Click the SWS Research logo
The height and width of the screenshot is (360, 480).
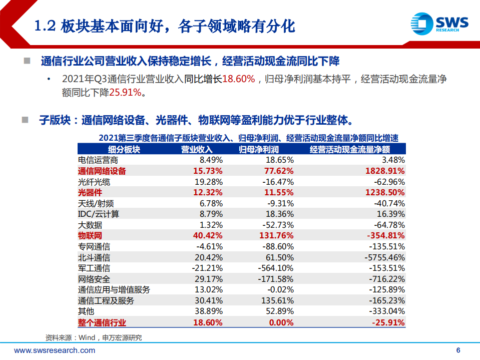coord(438,23)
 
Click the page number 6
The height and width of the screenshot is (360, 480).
coord(458,350)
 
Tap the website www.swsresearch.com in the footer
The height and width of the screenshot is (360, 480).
coord(55,350)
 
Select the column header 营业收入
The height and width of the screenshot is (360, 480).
coord(197,149)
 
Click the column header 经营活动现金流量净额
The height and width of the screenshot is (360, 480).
coord(349,149)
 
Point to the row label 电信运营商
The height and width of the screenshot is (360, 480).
coord(98,160)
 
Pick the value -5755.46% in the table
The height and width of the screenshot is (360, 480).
coord(383,257)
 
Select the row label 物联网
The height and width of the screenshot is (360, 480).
coord(90,236)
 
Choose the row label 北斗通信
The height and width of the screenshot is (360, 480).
coord(94,257)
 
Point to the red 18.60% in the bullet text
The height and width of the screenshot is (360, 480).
coord(239,79)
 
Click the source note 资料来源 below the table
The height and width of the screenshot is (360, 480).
coord(94,337)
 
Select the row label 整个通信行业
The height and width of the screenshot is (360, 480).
coord(102,322)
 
